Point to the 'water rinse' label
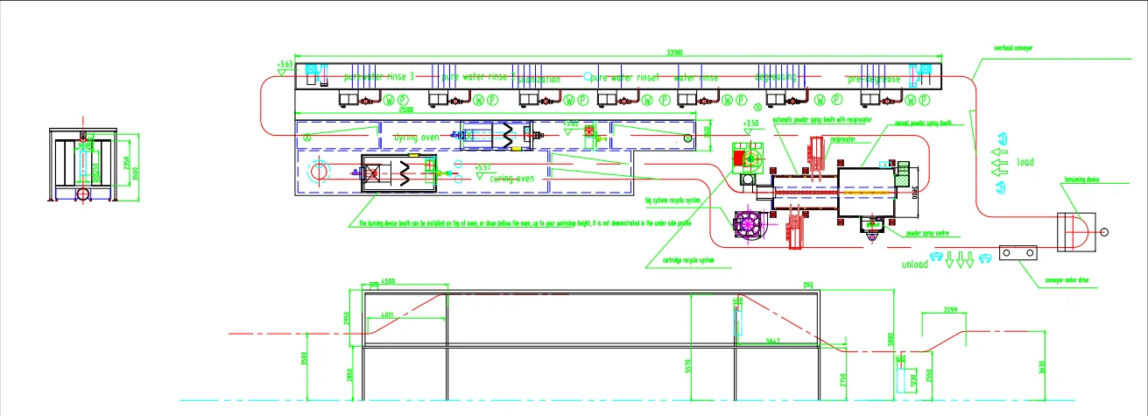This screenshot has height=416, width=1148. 696,78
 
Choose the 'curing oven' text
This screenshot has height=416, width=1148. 511,178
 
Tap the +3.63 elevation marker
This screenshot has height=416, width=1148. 285,65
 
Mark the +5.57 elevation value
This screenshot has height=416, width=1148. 482,166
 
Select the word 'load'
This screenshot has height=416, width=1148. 1025,162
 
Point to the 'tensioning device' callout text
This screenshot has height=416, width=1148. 1083,180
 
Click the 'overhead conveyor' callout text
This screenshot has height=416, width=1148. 1013,48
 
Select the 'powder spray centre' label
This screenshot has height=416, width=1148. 929,234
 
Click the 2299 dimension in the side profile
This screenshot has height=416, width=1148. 955,310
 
